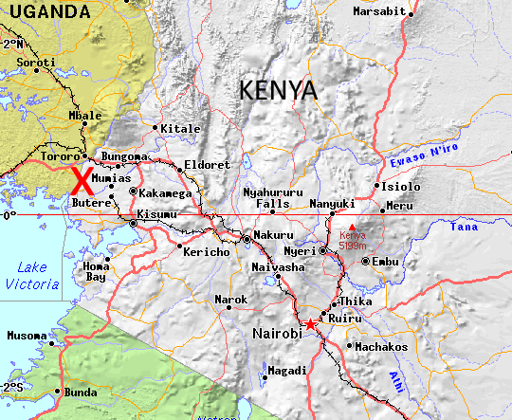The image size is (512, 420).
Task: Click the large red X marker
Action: point(82,181)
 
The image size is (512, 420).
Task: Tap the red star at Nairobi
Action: point(311,324)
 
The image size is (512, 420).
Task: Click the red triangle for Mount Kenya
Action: point(351,226)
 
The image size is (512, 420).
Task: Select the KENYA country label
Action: point(278,90)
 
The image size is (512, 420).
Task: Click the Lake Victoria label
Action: point(30,276)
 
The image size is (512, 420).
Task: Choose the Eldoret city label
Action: point(207,164)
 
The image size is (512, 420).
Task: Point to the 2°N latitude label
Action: point(12,44)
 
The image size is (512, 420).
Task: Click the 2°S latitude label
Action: point(12,387)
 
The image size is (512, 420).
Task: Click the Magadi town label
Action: point(287,371)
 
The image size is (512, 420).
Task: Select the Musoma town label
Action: point(26,336)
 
